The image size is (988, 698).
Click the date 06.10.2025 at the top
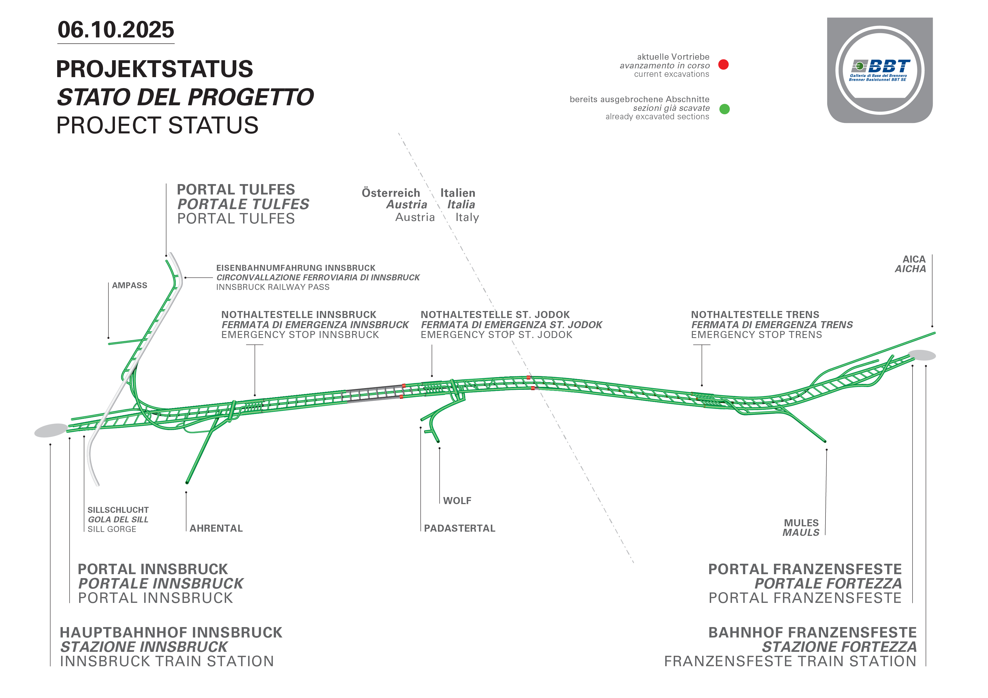pos(116,30)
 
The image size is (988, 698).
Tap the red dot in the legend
pos(723,64)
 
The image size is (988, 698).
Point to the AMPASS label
pos(130,286)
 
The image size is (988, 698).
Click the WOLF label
pos(457,501)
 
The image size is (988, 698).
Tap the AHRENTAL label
pos(216,528)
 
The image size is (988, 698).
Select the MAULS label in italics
pos(800,533)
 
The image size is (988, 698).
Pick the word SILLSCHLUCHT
pos(118,510)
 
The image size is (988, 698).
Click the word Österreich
pos(391,193)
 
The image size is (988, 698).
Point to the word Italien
pos(457,193)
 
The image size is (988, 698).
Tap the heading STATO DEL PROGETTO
pos(186,97)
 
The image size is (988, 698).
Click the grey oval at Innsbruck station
pos(51,430)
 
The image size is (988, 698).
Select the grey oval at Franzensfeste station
pos(922,355)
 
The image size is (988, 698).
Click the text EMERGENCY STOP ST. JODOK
pos(496,335)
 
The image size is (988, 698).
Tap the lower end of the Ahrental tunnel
pos(187,482)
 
